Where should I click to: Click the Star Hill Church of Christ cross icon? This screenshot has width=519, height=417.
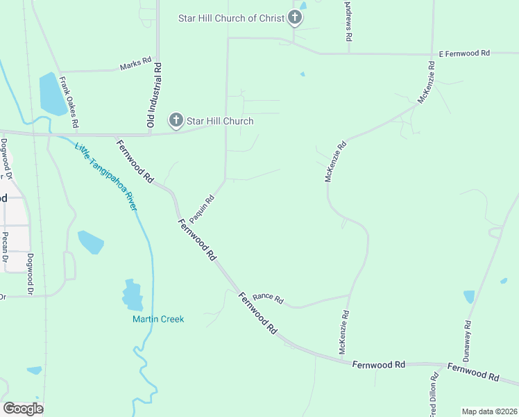[x=295, y=17]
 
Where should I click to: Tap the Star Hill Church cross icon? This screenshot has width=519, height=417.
[x=176, y=121]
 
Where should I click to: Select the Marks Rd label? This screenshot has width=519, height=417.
[x=135, y=63]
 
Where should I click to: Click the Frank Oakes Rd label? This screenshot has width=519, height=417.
[x=69, y=101]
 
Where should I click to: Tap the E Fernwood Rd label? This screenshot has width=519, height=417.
[x=464, y=53]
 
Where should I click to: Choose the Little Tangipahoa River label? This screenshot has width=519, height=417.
[x=106, y=177]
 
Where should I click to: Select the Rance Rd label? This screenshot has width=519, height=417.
[x=268, y=300]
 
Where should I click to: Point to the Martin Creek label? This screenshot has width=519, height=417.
[x=158, y=319]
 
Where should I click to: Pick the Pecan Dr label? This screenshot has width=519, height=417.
[x=5, y=250]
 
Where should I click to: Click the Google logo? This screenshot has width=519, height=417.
[x=23, y=408]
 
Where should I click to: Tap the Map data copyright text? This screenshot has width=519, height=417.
[x=489, y=411]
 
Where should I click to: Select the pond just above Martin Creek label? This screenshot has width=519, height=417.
[x=133, y=295]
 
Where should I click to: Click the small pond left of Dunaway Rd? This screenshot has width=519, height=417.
[x=469, y=297]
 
